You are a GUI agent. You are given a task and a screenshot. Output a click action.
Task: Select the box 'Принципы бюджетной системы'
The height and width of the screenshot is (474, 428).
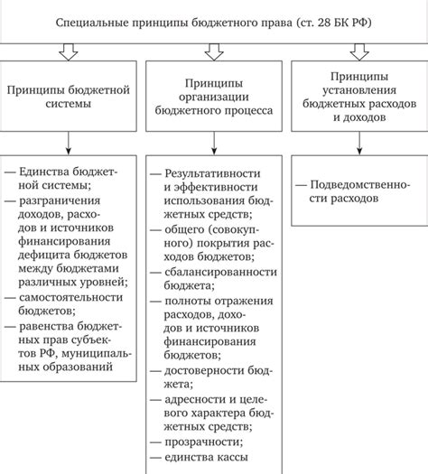(x=69, y=97)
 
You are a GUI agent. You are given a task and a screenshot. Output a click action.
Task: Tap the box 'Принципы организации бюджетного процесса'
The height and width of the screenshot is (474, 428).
(x=214, y=97)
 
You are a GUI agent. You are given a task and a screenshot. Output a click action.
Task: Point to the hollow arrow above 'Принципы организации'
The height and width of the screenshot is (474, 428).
(x=214, y=54)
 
